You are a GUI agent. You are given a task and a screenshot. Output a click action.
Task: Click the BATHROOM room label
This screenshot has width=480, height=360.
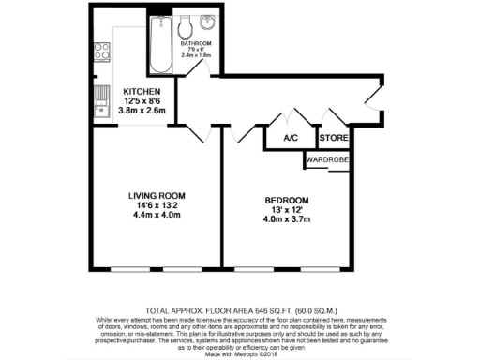pyautogui.click(x=197, y=43)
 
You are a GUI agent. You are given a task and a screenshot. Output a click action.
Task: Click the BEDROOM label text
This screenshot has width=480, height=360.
pyautogui.click(x=286, y=201)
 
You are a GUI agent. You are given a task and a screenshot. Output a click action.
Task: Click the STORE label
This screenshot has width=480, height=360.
pyautogui.click(x=334, y=139)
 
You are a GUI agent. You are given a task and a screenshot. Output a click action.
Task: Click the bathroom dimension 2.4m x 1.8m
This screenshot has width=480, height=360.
pyautogui.click(x=197, y=55)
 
